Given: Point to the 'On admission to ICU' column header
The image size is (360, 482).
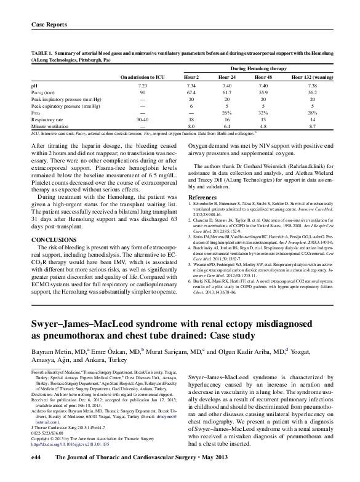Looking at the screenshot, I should coord(142,78).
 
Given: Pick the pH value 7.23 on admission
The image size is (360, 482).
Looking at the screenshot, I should coord(142,85).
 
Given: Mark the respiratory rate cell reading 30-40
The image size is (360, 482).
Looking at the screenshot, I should coord(142,119).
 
